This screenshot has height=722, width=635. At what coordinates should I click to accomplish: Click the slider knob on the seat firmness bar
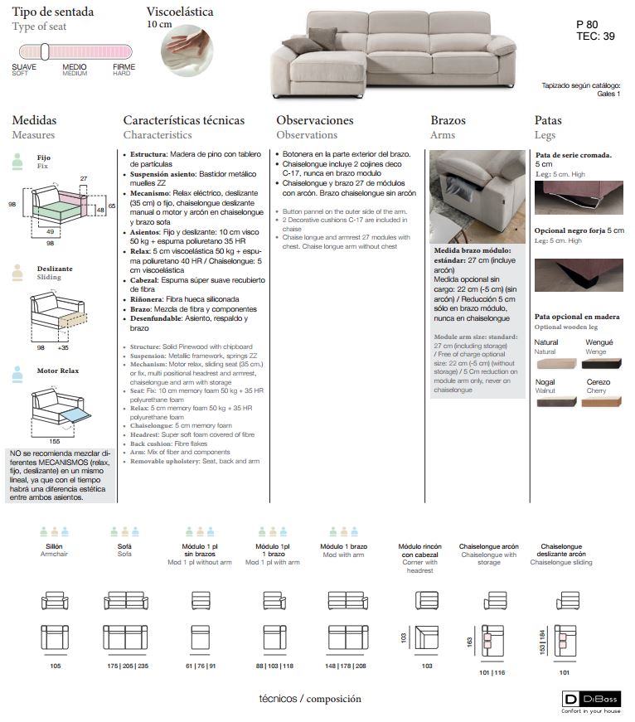point(45,51)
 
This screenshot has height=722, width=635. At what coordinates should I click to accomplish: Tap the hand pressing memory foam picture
point(187,51)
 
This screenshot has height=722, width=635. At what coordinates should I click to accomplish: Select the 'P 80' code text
point(587,24)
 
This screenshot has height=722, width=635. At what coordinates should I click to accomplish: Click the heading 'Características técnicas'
point(184,120)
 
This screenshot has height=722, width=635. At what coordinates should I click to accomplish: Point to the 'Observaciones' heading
point(315,120)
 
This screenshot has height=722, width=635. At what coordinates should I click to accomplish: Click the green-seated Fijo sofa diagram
point(59,204)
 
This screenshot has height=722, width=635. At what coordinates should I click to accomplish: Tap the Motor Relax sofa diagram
point(59,406)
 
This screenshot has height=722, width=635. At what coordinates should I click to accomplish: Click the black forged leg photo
point(579,275)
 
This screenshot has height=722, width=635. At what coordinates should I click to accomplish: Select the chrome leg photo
point(579,198)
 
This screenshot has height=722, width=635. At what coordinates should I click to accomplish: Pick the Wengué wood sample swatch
point(601,363)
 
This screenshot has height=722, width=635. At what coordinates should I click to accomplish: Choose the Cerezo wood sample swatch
point(601,401)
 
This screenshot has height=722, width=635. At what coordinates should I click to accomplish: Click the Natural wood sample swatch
point(557,363)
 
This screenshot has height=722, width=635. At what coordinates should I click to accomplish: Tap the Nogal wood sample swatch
point(557,401)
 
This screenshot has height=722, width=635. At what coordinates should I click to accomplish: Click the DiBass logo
point(591,700)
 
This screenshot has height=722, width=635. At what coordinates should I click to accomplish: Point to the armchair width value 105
point(56,666)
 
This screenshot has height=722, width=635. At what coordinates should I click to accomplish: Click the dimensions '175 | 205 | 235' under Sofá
point(128,666)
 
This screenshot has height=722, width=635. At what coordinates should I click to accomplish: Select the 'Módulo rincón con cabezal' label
point(420,550)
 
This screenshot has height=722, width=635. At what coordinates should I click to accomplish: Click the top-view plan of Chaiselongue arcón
point(492,641)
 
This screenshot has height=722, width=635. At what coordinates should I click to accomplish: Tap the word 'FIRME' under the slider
point(124,67)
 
